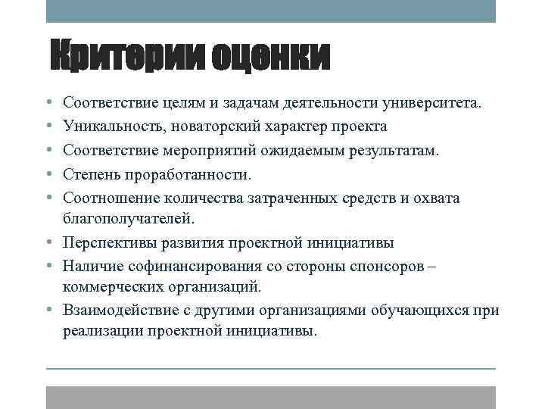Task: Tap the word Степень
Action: (x=91, y=174)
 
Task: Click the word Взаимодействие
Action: (x=119, y=311)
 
